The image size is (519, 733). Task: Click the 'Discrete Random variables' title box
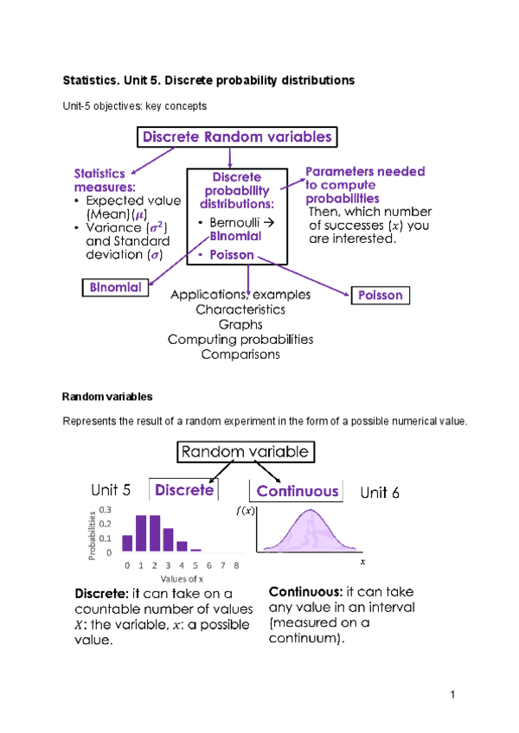point(235,137)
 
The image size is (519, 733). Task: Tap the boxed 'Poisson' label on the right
point(380,295)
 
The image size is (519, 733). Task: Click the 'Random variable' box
point(245,451)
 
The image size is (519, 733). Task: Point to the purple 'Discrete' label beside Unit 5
point(183,490)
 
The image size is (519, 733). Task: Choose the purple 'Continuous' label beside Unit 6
point(297,491)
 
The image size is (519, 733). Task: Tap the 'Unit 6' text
point(380,492)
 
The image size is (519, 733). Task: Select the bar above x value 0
point(127,543)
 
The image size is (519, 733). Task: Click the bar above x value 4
point(183,546)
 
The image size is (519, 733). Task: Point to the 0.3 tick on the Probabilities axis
point(106,509)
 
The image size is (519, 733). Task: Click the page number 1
point(452,695)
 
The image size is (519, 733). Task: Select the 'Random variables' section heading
point(106,397)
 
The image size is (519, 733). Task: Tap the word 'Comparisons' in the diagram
point(240,354)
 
